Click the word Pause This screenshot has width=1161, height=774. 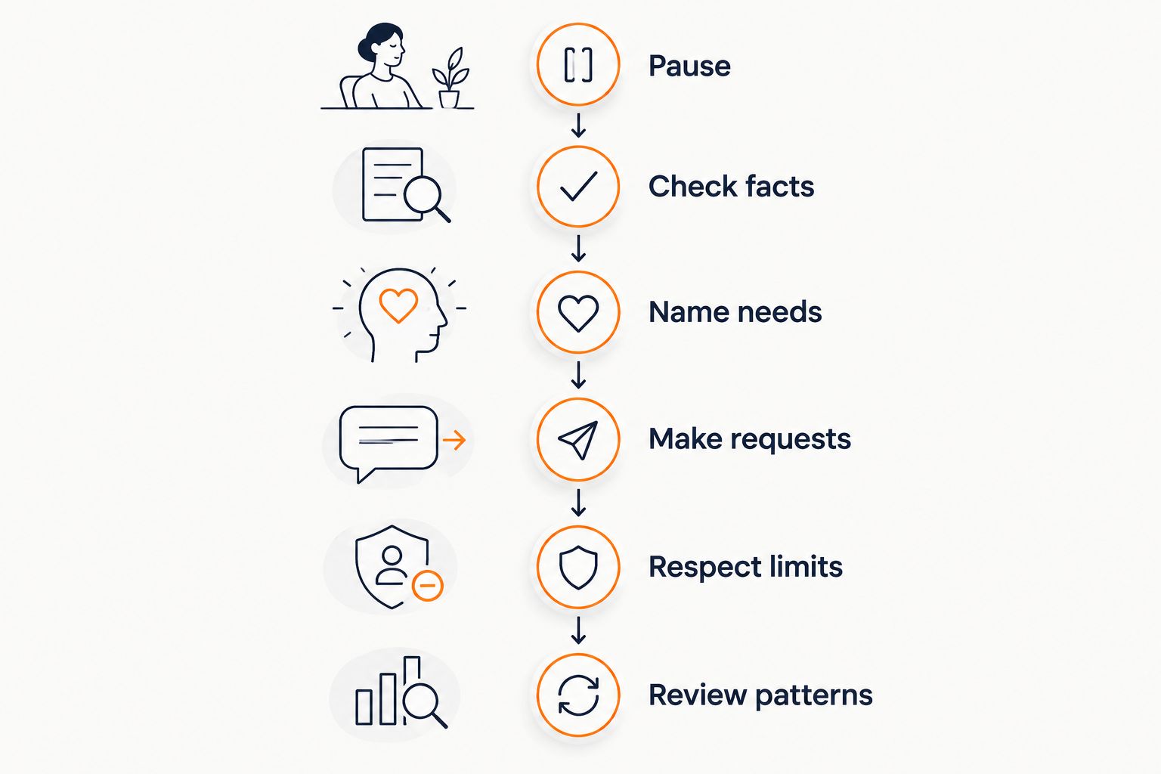point(689,66)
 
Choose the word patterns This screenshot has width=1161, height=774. point(814,695)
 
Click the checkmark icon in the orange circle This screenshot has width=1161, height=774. point(578,186)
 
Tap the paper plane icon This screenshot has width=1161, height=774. point(578,440)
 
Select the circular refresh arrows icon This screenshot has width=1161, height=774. point(578,695)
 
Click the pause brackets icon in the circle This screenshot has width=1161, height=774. point(578,65)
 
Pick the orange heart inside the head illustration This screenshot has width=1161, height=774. point(398,305)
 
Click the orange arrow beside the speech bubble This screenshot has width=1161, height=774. point(454,440)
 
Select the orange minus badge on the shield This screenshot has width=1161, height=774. point(428,586)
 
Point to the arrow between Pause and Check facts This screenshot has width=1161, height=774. point(578,125)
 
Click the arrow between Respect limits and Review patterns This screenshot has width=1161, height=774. point(578,630)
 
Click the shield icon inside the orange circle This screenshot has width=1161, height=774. point(578,567)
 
